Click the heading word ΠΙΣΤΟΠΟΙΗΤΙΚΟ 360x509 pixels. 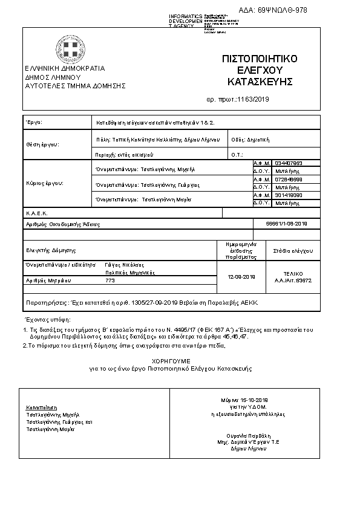click(260, 59)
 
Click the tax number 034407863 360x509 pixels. click(288, 163)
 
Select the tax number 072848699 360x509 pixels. click(288, 180)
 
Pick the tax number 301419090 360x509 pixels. click(288, 195)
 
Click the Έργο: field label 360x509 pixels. click(33, 122)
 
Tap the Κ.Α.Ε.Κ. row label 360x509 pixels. click(36, 213)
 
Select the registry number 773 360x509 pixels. click(110, 280)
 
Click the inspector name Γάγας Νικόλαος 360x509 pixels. click(125, 265)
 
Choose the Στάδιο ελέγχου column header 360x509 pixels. click(293, 249)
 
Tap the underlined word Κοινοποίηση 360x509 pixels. click(41, 407)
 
